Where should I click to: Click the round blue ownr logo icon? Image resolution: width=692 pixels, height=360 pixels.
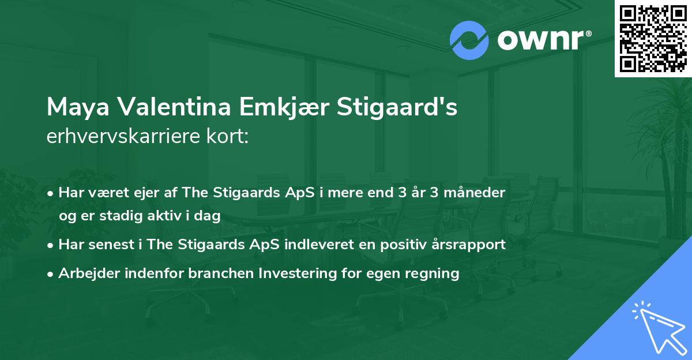[x=469, y=40]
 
